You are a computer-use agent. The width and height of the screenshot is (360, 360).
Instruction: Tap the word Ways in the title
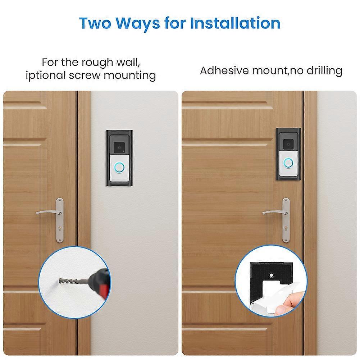pyautogui.click(x=138, y=24)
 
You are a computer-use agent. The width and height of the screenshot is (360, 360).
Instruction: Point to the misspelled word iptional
pyautogui.click(x=46, y=76)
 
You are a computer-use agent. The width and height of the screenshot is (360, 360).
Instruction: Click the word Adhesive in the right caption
pyautogui.click(x=224, y=70)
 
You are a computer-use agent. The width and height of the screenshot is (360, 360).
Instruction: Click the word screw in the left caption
pyautogui.click(x=85, y=76)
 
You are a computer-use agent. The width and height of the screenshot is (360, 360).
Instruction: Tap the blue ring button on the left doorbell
pyautogui.click(x=120, y=167)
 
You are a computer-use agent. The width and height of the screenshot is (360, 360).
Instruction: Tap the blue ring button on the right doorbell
pyautogui.click(x=288, y=163)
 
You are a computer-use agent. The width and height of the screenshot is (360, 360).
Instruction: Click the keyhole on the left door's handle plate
pyautogui.click(x=60, y=229)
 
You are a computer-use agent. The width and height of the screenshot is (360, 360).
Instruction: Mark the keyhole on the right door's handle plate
pyautogui.click(x=286, y=229)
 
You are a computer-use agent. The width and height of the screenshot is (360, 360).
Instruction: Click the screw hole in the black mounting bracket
pyautogui.click(x=272, y=275)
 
